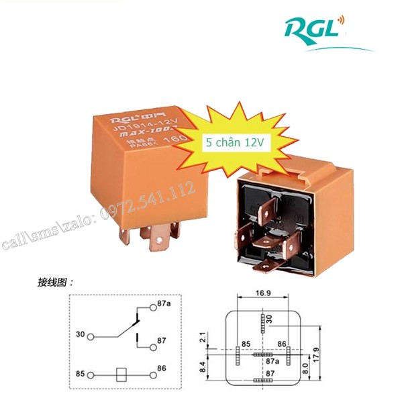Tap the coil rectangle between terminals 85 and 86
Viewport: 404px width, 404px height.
point(121,373)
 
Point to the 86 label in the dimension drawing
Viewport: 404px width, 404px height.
point(283,344)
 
